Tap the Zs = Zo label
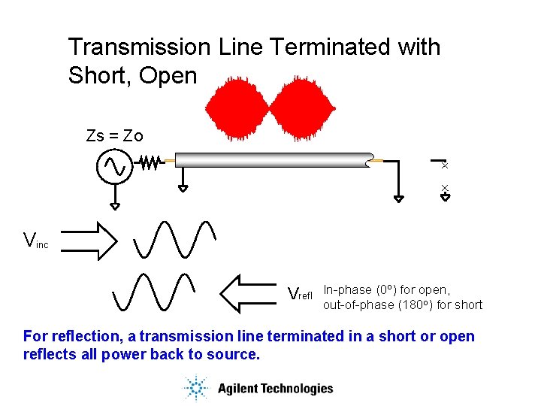point(114,136)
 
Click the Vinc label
point(35,241)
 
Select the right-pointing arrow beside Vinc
point(88,241)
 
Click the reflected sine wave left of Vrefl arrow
point(154,292)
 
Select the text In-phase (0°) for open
point(386,289)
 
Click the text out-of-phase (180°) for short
point(403,304)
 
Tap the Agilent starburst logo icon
point(195,388)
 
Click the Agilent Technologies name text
point(275,389)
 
